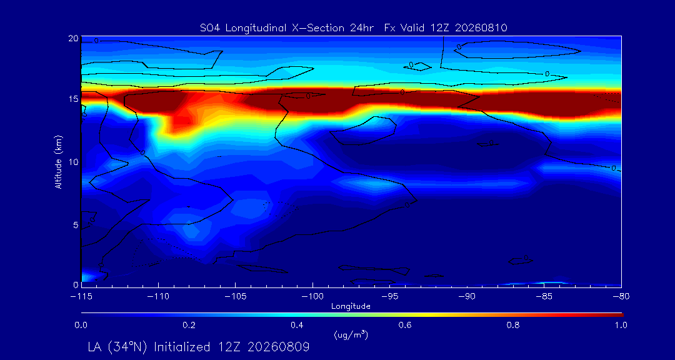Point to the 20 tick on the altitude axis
point(73,38)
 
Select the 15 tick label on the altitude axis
point(74,99)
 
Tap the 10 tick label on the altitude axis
point(74,161)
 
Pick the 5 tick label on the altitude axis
point(76,225)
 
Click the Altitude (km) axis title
point(59,161)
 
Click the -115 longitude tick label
point(82,297)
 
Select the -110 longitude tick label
point(158,297)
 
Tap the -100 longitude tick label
point(312,297)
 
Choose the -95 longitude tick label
point(389,297)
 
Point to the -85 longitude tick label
point(544,297)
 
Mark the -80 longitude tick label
point(621,297)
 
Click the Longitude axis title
point(351,307)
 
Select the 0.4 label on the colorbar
point(297,325)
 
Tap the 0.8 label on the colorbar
point(514,325)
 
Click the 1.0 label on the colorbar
point(621,325)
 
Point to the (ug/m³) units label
point(351,334)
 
